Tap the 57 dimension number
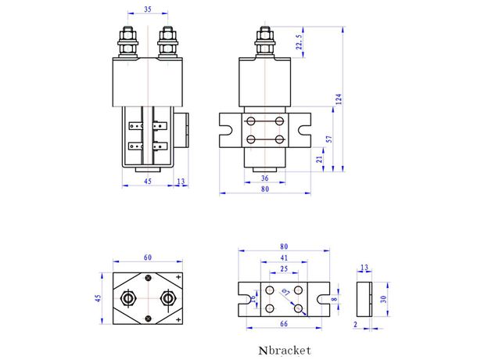[x=329, y=139]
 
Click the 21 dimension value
[x=318, y=159]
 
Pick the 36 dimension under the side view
[x=264, y=178]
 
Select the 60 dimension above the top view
[x=148, y=257]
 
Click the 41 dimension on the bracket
[x=285, y=257]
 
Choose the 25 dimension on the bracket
[x=283, y=268]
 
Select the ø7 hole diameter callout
[x=286, y=292]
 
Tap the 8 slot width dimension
[x=334, y=298]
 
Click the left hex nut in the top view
[x=129, y=298]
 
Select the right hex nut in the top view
[x=167, y=298]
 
